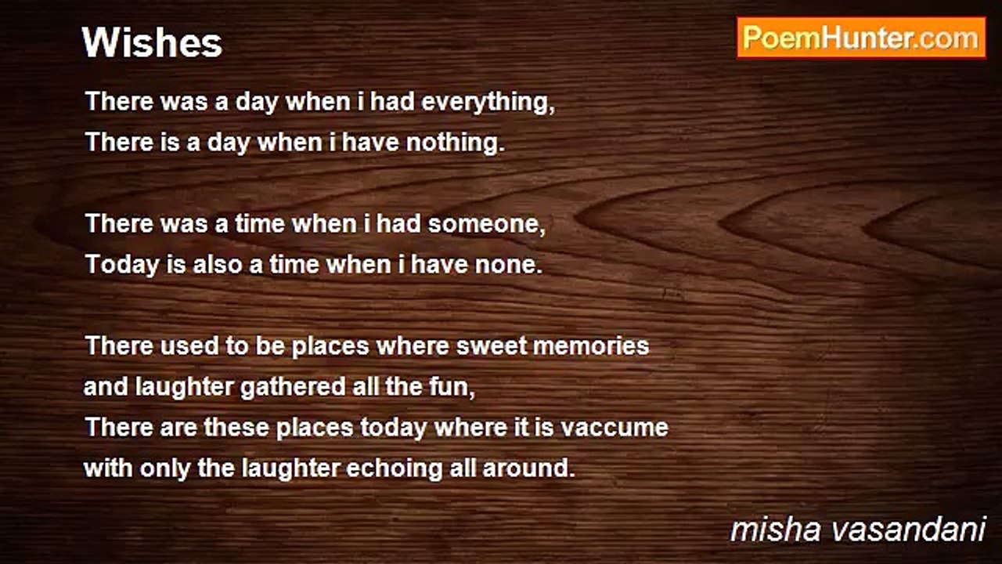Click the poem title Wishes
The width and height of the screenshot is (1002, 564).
152,43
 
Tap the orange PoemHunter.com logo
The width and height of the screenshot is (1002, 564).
861,38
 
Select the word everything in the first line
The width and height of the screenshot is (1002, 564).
488,103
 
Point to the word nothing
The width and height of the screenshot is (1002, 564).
455,143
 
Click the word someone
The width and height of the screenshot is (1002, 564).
486,223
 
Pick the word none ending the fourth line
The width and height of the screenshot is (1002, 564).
509,265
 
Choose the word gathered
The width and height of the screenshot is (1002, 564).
293,387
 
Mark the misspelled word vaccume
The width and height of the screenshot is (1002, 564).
615,428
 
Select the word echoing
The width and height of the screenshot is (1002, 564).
394,469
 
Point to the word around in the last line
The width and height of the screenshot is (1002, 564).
528,468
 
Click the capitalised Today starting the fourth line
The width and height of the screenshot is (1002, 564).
122,266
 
